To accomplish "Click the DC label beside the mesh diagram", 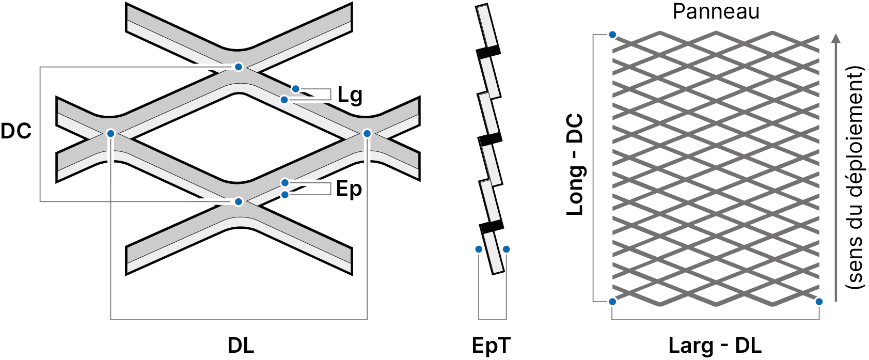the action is coord(16,131).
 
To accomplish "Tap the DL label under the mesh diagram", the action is coord(241,345).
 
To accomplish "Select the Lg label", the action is coord(350,96).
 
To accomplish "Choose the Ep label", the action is coord(349,190).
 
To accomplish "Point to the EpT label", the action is coord(491,345).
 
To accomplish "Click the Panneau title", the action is coord(716,12).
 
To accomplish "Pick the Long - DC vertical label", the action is coord(575,164).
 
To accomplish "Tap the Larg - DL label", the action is coord(715,345).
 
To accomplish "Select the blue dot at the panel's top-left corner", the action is coord(612,35).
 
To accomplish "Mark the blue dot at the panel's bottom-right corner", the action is coord(819,302).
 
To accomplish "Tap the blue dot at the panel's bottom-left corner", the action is coord(612,302).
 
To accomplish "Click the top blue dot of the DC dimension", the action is coord(239,67).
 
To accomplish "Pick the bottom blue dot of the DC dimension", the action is coord(239,202).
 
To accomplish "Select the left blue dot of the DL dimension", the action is coord(111,134).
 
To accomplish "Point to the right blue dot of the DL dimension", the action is coord(367,134).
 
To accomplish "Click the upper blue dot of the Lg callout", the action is coord(296,89).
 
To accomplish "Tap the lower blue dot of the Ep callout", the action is coord(285,195).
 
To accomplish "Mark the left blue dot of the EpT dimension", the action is coord(479,249).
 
